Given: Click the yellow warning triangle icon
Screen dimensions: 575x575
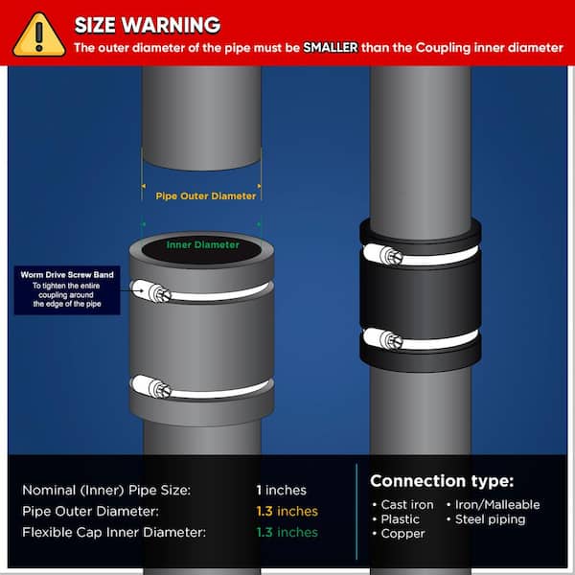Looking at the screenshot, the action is pos(39,36).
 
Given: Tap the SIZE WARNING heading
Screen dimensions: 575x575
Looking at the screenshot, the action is pos(148,25).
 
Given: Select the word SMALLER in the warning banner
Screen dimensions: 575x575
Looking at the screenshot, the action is pos(331,48).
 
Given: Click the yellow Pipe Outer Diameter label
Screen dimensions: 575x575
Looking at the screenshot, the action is pos(206,195).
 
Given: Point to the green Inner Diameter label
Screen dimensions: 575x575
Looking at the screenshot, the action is pos(203,244).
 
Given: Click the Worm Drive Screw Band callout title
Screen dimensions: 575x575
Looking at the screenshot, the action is pos(67,275).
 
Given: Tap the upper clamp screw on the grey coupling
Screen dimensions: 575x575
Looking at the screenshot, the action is pos(159,293).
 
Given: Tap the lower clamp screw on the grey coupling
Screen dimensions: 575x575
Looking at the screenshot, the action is pos(159,389).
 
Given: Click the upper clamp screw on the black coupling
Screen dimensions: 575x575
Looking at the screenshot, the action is pos(391,255).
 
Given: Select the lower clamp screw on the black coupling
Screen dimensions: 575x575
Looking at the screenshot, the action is pos(391,340).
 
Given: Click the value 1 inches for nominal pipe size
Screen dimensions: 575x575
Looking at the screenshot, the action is pos(281,490).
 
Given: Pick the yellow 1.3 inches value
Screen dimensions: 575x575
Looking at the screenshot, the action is pos(287,511).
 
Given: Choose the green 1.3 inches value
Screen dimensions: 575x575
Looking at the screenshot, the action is pos(287,532).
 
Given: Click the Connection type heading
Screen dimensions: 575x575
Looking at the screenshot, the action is pos(442,481).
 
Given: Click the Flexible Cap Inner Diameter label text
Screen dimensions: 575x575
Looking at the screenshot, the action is pos(114,532).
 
